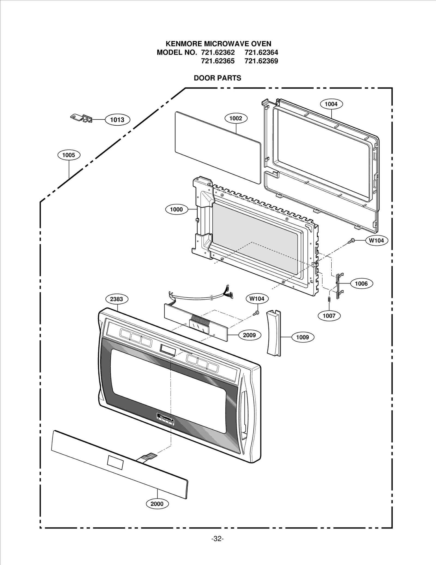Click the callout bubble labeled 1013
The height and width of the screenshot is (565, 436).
(x=117, y=120)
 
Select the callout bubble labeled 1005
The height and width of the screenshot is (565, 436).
(x=69, y=155)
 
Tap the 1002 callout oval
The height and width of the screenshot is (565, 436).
(x=236, y=118)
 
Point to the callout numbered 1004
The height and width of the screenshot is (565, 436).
(x=331, y=104)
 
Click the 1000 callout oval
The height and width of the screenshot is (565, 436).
(x=176, y=209)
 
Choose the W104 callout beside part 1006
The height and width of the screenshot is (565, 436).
(x=376, y=240)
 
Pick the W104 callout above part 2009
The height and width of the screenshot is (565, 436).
(x=257, y=299)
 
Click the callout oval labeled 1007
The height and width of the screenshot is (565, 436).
(x=329, y=316)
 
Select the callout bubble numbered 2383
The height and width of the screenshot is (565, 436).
(x=116, y=299)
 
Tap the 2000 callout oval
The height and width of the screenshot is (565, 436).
(x=157, y=504)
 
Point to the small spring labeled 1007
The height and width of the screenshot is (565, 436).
(x=329, y=299)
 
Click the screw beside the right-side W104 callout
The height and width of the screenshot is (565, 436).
(x=352, y=240)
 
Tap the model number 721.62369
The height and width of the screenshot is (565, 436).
(x=261, y=61)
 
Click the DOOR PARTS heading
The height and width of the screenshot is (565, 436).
(x=217, y=78)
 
